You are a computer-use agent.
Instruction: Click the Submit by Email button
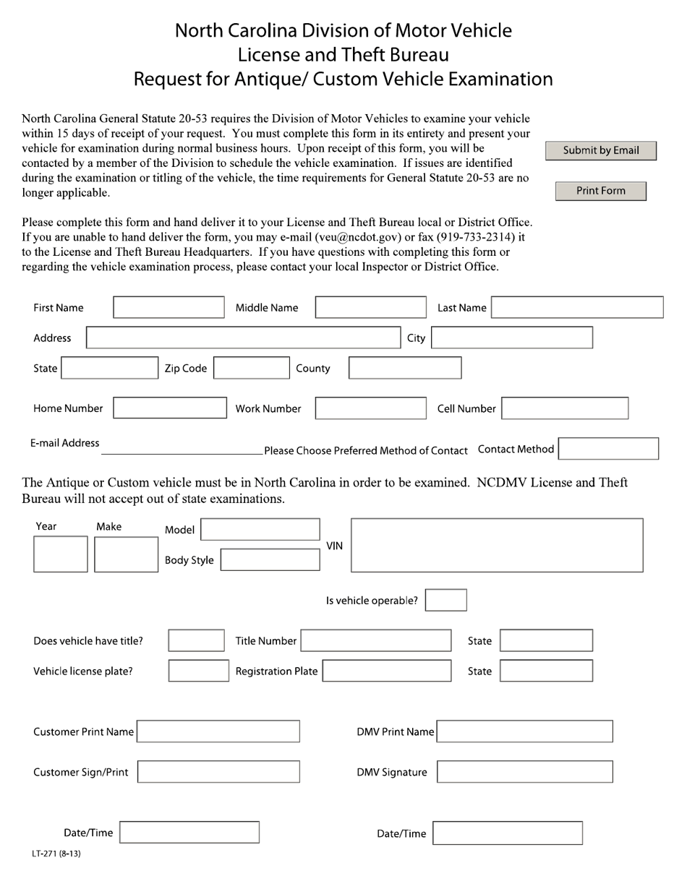[601, 150]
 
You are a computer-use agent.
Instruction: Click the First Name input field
[168, 307]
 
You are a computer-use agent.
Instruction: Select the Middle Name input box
[371, 307]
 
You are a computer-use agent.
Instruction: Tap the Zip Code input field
[252, 368]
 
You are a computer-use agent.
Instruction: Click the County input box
[404, 368]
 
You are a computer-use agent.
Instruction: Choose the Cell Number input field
[564, 408]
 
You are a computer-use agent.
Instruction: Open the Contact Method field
[608, 449]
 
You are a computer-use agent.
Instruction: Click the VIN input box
[497, 545]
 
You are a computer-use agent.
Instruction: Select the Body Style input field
[270, 560]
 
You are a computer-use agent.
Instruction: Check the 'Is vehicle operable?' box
[445, 600]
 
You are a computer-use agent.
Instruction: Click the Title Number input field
[375, 640]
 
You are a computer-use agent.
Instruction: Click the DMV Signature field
[524, 772]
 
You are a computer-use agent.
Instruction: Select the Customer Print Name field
[218, 731]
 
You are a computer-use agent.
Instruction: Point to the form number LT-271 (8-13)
[56, 854]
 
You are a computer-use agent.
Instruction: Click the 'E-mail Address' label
[65, 443]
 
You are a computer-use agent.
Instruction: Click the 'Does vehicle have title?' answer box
[196, 640]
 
